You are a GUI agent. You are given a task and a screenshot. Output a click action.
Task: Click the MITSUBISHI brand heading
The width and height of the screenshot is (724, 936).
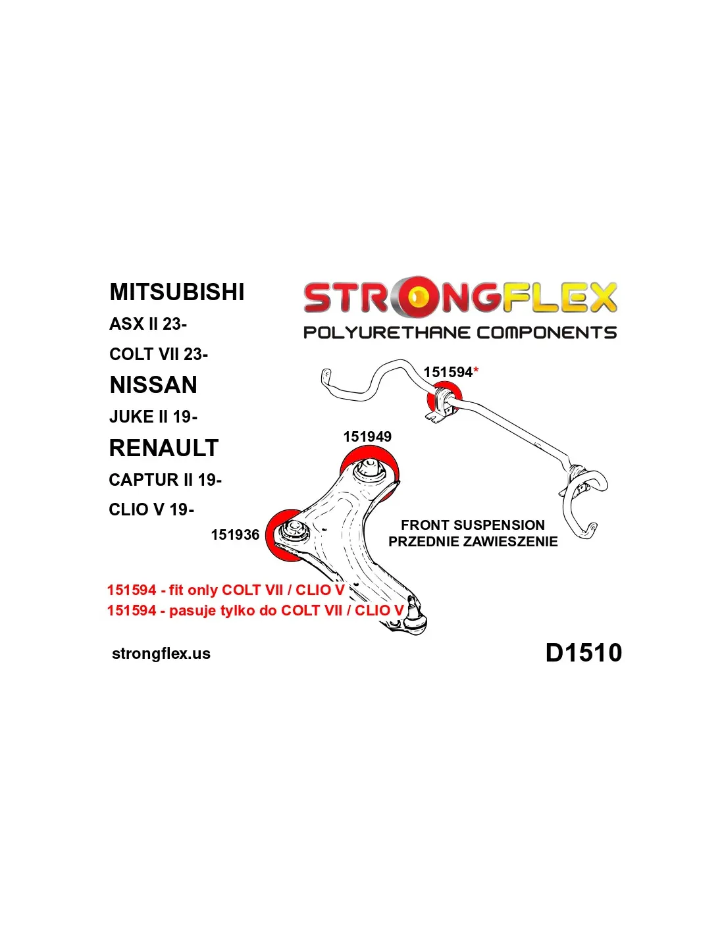[x=176, y=292]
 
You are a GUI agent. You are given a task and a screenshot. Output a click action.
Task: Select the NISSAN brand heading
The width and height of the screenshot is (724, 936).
[x=153, y=385]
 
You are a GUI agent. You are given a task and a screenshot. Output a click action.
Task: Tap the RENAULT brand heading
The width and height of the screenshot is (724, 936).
[x=163, y=448]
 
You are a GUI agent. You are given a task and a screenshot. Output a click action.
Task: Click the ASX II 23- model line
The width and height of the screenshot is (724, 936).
[x=148, y=325]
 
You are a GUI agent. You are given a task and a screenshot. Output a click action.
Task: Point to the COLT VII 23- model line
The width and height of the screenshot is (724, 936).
[x=159, y=354]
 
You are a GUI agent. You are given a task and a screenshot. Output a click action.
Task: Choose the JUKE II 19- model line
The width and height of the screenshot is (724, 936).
[x=153, y=417]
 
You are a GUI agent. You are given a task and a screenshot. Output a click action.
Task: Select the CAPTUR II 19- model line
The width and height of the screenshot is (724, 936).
[x=165, y=480]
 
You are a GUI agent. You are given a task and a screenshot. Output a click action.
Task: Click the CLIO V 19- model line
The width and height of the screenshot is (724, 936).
[x=151, y=509]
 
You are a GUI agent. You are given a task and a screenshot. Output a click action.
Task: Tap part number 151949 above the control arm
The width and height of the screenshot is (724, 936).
[x=367, y=436]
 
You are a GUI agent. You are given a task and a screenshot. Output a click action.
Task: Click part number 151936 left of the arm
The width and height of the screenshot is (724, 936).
[x=235, y=534]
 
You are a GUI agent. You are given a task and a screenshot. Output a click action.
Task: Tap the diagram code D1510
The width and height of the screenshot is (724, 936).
[x=583, y=652]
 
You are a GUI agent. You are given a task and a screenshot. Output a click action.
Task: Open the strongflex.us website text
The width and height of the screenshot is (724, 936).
[x=161, y=654]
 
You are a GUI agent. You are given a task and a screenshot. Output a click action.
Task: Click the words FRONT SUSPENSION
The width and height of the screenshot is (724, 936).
[x=473, y=525]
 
